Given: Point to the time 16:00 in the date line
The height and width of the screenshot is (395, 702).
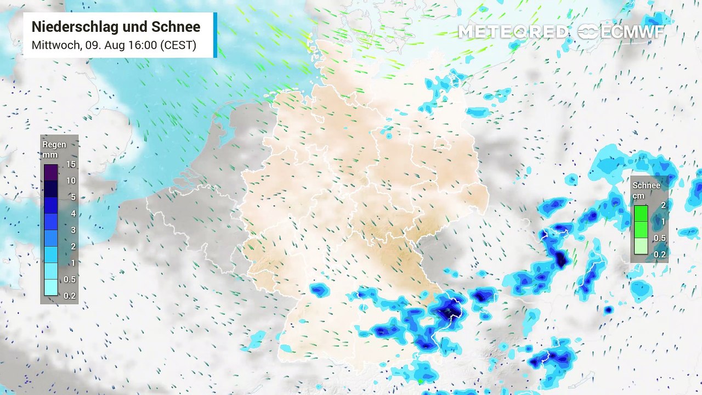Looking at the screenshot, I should point(141,45).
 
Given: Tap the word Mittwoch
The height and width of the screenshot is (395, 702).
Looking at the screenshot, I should point(55,45).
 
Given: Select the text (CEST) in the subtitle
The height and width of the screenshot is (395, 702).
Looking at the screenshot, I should point(177,45).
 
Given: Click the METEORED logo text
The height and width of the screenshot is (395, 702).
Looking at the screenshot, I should point(513,32).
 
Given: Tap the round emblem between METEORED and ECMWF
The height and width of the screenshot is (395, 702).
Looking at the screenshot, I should point(588,32).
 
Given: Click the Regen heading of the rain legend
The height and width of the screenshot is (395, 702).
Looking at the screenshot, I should point(54,145).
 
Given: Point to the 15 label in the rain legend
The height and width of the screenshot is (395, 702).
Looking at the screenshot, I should point(71,164).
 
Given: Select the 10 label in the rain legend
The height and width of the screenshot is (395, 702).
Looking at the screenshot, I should point(71,180).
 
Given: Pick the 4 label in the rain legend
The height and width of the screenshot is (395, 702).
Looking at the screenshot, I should point(73,213).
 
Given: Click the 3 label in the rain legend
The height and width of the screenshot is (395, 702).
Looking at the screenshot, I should point(73,230).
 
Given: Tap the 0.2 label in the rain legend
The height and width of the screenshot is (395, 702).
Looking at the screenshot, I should point(70,296).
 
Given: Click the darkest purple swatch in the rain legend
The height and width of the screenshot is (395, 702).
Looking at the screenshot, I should point(50,172).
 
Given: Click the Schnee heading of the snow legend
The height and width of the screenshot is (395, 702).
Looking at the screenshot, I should point(646,185).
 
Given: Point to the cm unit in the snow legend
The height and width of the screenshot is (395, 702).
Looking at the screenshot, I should point(638,196).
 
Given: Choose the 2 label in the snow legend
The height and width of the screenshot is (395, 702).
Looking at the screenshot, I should point(663,205).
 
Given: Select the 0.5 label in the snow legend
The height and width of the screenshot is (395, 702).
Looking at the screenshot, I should point(660,238).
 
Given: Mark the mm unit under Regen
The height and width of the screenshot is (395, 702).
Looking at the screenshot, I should point(50,155).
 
